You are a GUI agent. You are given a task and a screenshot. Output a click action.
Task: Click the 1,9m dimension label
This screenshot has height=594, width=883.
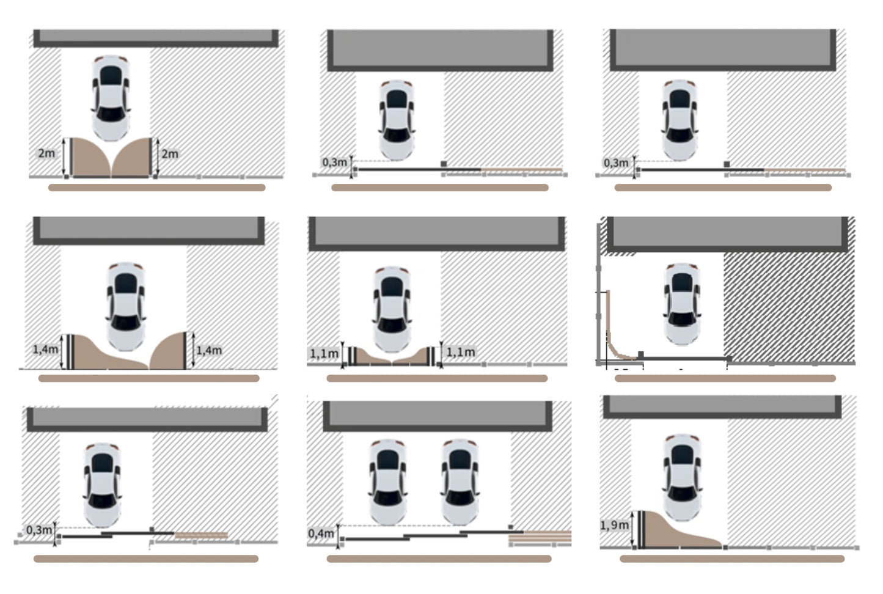[614, 525]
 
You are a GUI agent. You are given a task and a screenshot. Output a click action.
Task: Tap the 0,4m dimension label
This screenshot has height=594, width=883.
[321, 533]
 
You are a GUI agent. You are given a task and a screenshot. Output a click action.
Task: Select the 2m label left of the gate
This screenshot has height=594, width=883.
[46, 153]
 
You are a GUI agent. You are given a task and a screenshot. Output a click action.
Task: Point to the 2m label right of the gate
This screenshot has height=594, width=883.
[170, 154]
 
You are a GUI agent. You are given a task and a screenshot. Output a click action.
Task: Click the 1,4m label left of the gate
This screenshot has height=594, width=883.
[46, 349]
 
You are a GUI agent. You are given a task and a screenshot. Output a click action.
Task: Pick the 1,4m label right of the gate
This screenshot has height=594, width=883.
[209, 350]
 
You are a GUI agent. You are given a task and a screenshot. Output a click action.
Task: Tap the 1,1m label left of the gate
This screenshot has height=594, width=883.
[324, 354]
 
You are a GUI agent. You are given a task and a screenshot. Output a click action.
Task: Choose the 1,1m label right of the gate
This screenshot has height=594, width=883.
[460, 352]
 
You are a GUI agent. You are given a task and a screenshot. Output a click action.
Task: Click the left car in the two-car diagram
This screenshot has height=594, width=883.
[388, 482]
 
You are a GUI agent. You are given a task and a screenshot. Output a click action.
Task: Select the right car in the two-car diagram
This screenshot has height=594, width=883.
[460, 482]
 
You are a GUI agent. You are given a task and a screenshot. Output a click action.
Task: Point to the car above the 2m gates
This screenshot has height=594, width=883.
[111, 98]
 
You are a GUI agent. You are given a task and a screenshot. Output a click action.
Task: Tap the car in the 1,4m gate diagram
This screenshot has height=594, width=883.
[126, 306]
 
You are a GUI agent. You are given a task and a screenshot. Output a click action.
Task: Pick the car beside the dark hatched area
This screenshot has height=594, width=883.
[683, 304]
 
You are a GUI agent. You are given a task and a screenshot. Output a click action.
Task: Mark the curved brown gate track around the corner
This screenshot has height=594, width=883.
[612, 342]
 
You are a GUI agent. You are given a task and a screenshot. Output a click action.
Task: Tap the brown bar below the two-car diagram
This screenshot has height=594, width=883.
[439, 559]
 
